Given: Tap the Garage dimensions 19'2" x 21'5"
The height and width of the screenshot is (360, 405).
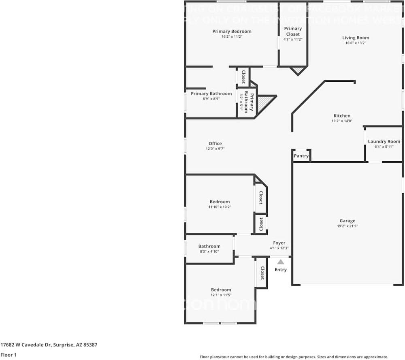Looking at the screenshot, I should coord(347,226).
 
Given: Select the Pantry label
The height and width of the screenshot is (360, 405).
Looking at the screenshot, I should coord(301,156).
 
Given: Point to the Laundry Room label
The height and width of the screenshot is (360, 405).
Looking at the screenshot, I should coord(384,141).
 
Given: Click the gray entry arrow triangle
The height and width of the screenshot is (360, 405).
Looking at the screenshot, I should coord(281,262).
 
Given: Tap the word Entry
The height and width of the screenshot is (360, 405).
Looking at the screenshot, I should coord(281,270).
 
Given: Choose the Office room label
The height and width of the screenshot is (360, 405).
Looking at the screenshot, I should coord(215,143).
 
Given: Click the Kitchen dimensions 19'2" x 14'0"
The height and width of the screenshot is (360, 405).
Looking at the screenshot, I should coord(342,121).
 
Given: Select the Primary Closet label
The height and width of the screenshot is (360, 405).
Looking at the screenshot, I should coord(293,31).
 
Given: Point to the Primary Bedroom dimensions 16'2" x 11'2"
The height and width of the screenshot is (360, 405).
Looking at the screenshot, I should coord(232,36).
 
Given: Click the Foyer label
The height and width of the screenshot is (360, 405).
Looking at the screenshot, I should coord(279,243).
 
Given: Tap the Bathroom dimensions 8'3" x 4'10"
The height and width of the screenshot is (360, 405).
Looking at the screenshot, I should coord(209,251).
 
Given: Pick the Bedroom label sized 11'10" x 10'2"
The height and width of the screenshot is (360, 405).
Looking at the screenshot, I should coord(220,202).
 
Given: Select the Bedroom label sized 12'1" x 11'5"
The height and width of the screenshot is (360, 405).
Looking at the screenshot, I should coord(221,290).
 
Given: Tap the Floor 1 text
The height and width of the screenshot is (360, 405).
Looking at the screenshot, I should coord(9,355).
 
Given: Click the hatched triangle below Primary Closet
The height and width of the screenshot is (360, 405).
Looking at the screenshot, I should coord(298,70).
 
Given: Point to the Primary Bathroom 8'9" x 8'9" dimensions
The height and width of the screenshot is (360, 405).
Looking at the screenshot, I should coord(211,98).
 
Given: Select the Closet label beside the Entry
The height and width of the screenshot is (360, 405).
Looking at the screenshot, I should coord(262,273).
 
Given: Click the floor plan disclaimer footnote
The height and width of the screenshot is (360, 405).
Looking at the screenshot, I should coord(294,357).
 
